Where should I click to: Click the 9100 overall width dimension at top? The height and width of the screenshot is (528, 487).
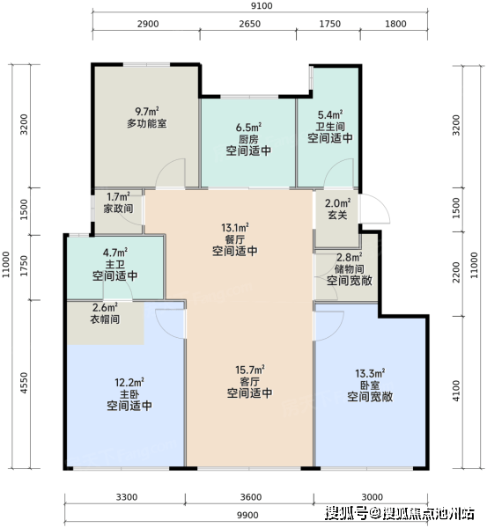[262, 6]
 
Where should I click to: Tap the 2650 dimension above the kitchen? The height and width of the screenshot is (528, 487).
[250, 24]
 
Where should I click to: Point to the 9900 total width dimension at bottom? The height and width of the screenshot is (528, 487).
[247, 515]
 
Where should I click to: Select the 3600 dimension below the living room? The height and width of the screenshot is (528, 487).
[251, 497]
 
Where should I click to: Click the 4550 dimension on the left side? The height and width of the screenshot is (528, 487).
[24, 383]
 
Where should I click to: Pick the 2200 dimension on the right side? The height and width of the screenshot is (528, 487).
[456, 273]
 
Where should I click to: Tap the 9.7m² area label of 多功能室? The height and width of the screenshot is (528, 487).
[147, 111]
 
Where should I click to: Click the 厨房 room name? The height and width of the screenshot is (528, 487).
[248, 139]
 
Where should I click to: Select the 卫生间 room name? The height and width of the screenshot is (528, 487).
[330, 127]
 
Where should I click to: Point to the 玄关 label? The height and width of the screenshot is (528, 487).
[337, 215]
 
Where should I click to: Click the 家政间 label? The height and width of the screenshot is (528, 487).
[118, 209]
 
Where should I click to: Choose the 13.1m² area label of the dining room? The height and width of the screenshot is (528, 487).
[235, 228]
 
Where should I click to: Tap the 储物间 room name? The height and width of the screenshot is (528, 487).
[349, 268]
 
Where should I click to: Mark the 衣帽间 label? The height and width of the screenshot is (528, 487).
[105, 319]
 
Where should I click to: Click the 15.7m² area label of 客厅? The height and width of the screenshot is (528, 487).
[250, 370]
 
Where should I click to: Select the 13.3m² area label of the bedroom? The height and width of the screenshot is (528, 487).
[370, 373]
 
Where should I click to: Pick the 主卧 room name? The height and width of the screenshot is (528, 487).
[129, 394]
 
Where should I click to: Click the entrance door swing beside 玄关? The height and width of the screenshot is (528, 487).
[375, 209]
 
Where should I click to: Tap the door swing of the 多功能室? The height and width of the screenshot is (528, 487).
[171, 172]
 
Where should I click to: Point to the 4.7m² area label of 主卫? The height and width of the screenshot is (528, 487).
[115, 253]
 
